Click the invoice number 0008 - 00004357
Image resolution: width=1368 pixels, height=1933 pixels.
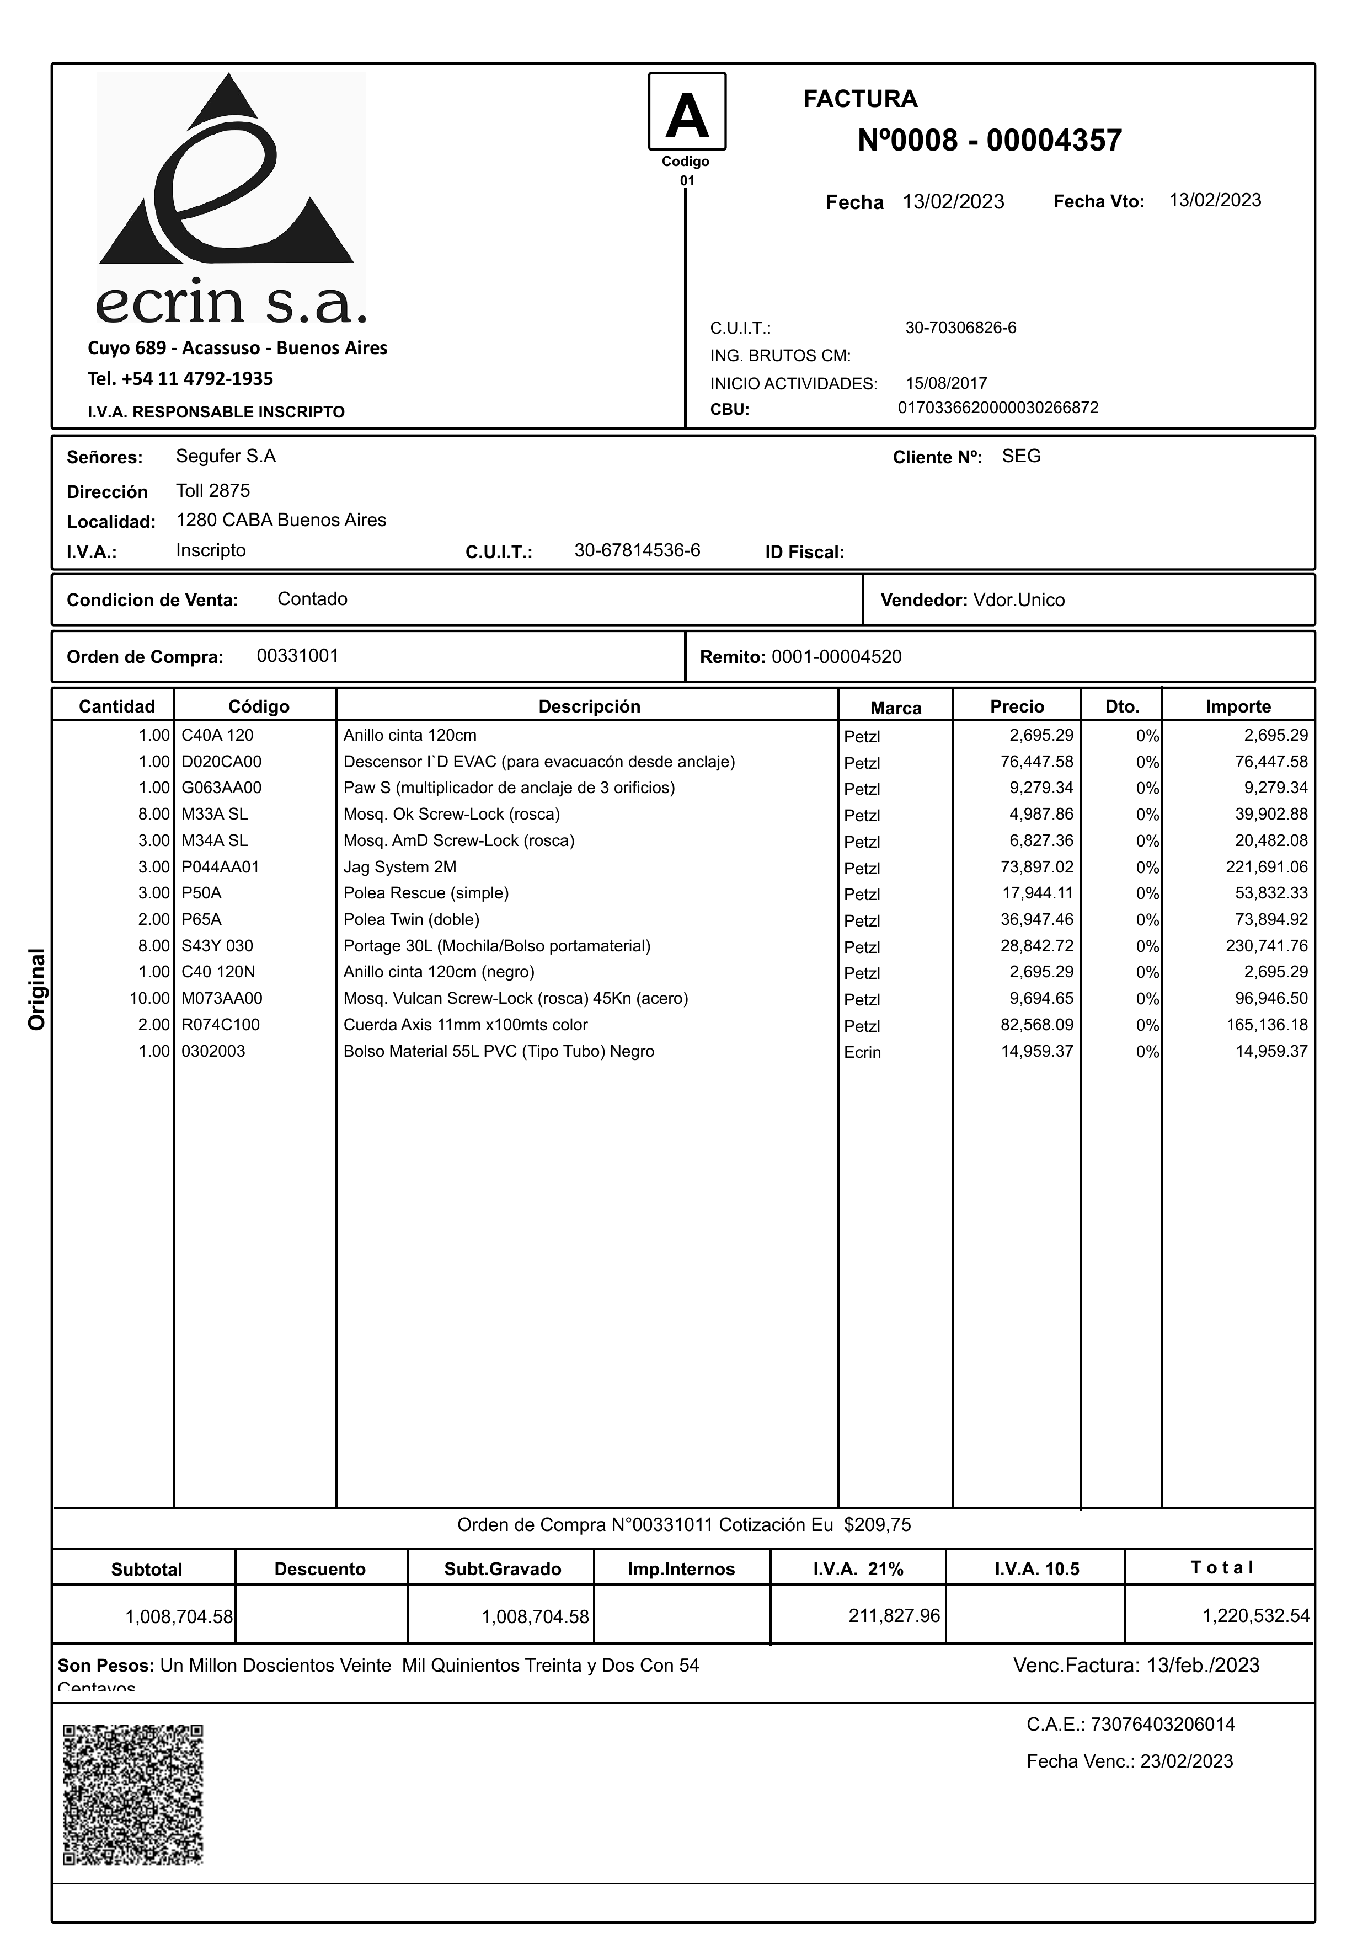[x=989, y=141]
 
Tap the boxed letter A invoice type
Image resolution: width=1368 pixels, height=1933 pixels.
[x=687, y=112]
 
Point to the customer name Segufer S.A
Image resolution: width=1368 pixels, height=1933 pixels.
[x=226, y=457]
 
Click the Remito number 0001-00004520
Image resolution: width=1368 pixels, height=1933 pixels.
[x=836, y=657]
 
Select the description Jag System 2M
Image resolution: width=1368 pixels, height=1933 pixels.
[x=399, y=867]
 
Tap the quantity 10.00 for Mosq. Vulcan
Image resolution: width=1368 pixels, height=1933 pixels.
[x=149, y=998]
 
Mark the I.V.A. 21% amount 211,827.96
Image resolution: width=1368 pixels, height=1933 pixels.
[x=894, y=1615]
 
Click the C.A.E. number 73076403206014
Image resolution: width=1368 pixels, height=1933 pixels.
[x=1162, y=1724]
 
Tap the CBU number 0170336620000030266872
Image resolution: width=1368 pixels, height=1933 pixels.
[x=998, y=408]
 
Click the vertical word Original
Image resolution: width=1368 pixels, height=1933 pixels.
[x=37, y=989]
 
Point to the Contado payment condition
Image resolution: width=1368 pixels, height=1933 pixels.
[x=313, y=599]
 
